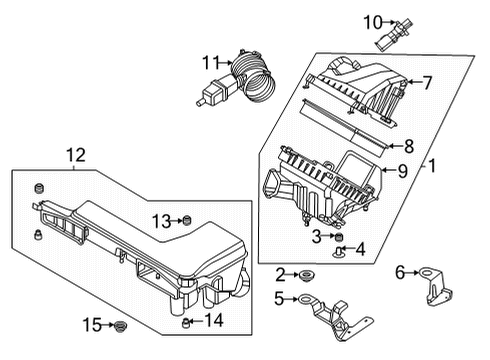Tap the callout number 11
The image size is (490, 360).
(210, 62)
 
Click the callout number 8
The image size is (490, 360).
(408, 145)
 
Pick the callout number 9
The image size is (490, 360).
(401, 171)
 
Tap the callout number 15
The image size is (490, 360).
(91, 324)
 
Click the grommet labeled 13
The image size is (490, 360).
(185, 220)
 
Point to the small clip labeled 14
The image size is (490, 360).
(186, 321)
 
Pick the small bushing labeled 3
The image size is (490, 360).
(338, 236)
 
